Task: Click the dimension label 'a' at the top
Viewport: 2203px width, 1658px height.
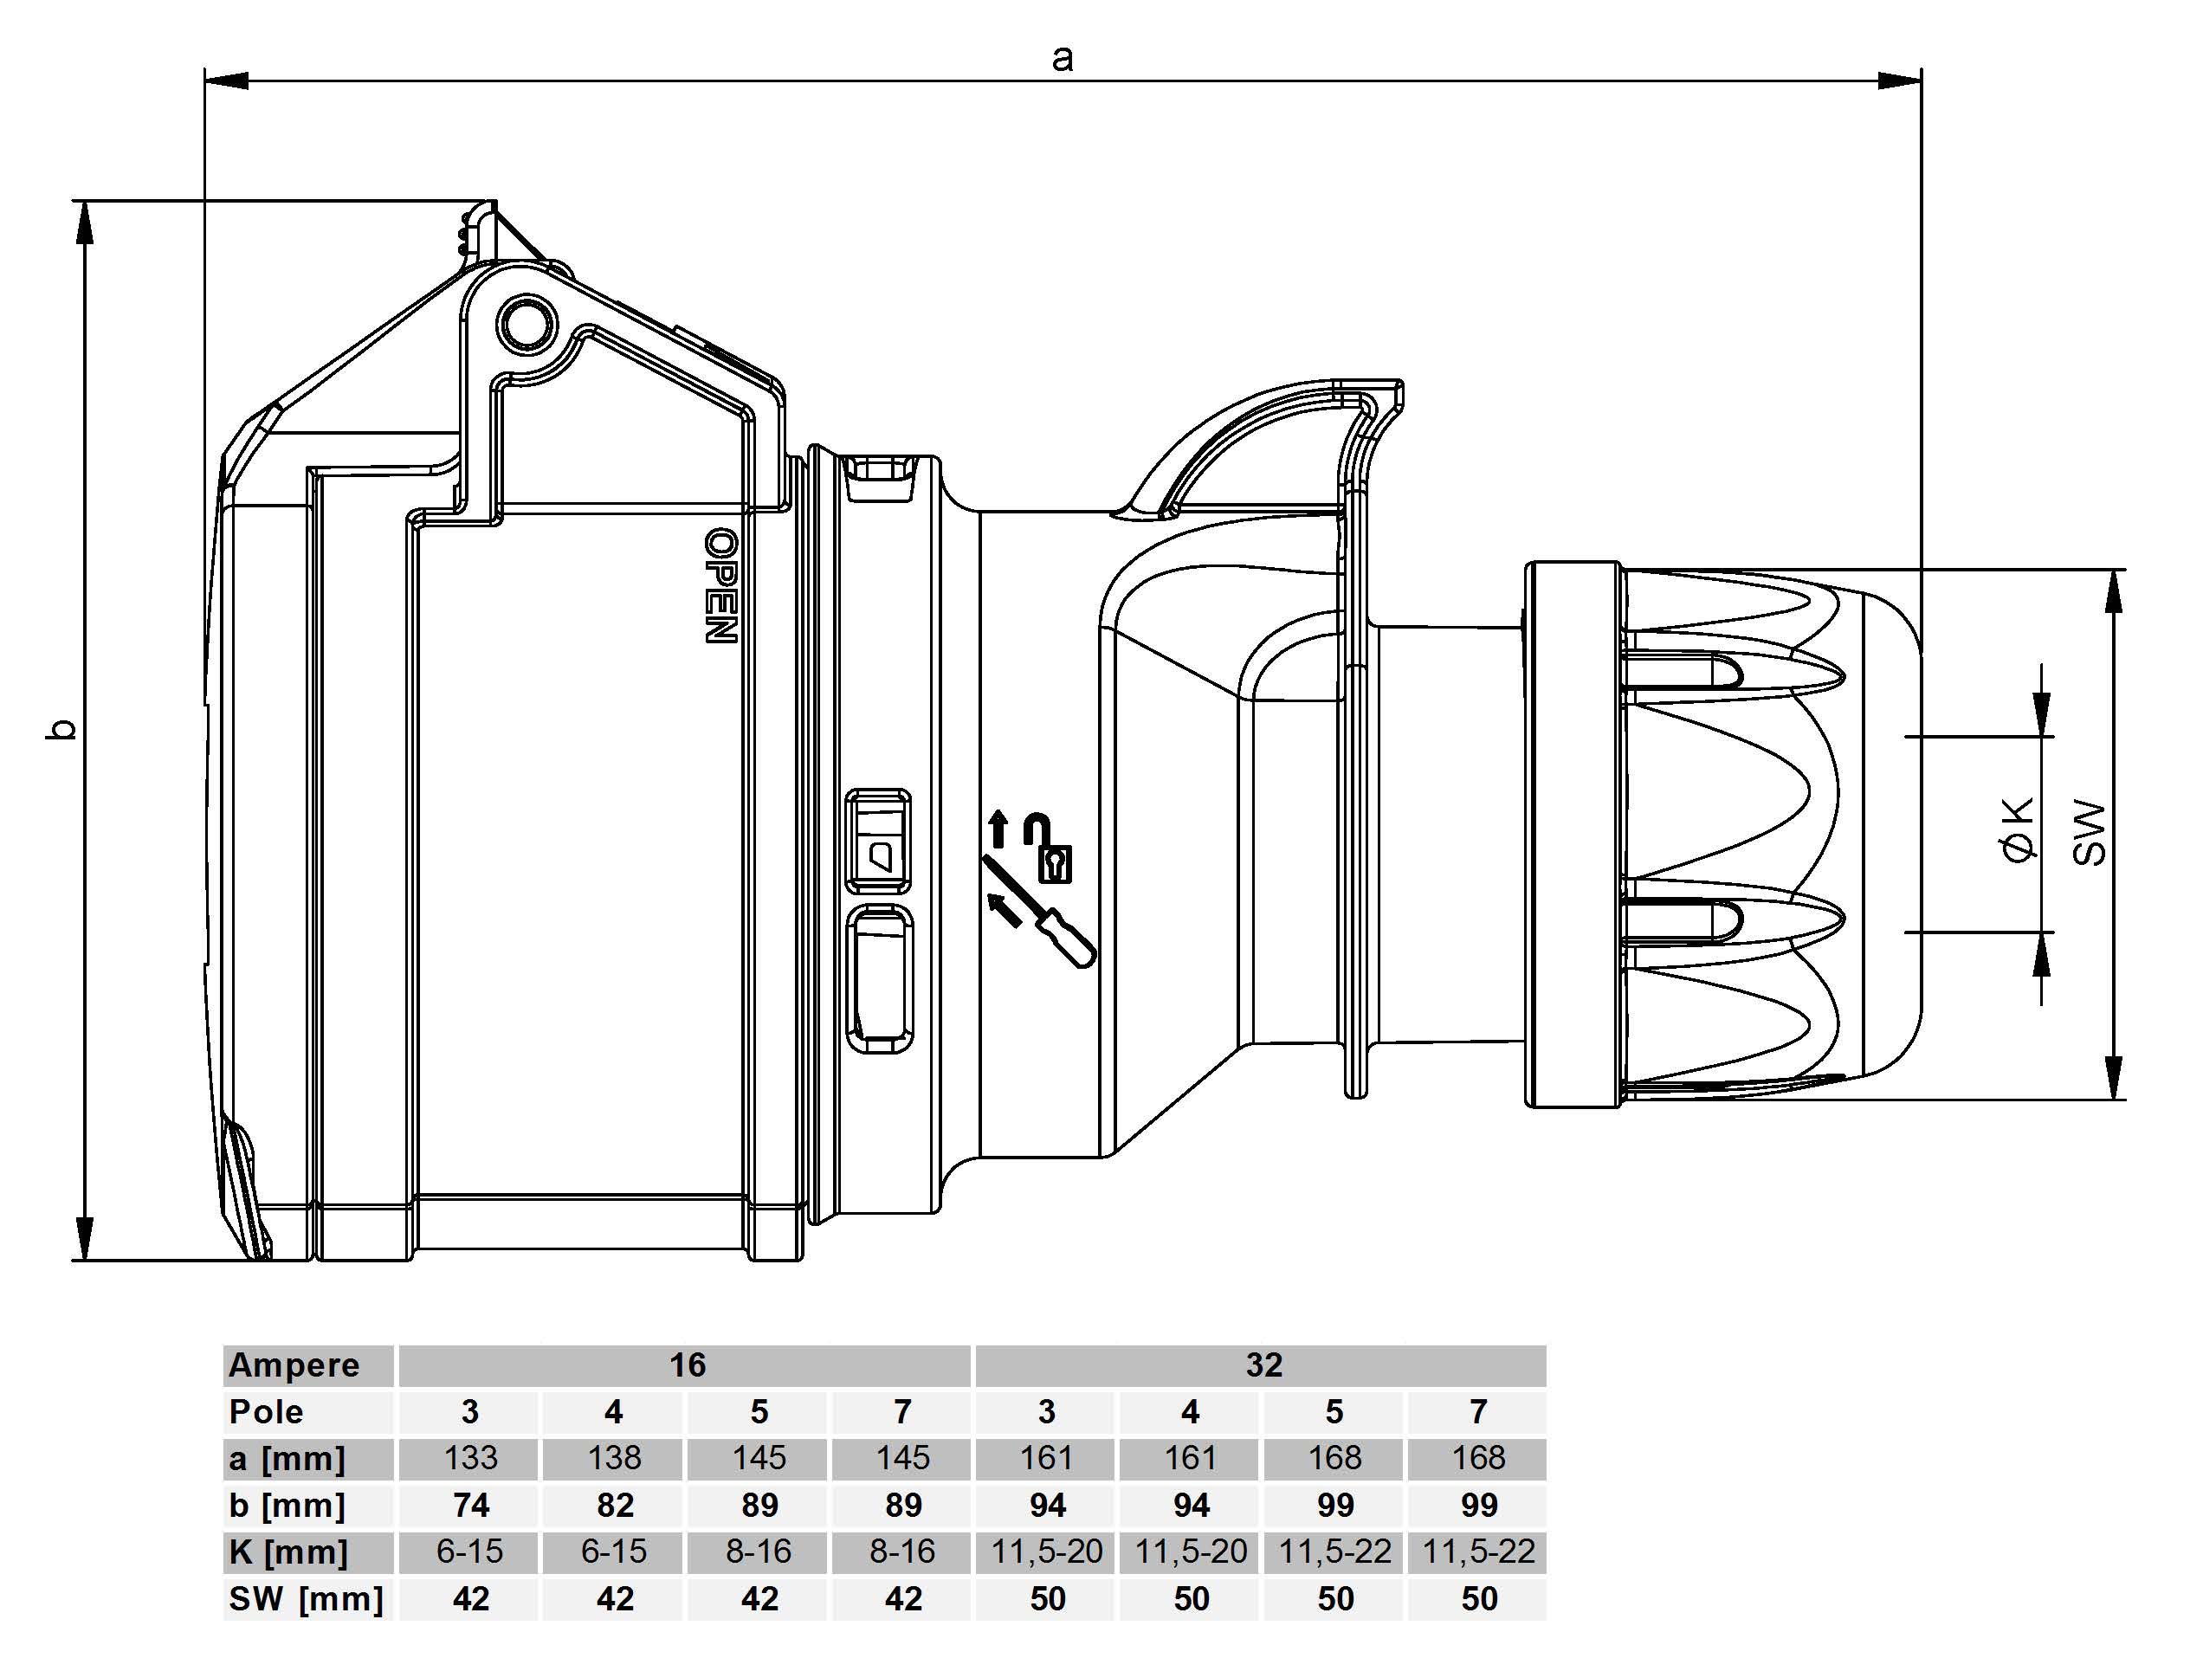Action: coord(1062,58)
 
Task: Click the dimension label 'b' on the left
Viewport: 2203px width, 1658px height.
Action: coord(61,729)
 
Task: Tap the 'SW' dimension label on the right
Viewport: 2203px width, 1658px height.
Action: coord(2090,833)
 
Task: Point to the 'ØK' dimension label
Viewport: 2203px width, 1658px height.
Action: coord(2018,829)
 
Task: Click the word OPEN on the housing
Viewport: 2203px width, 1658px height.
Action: coord(720,585)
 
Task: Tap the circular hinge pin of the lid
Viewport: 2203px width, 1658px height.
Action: coord(527,324)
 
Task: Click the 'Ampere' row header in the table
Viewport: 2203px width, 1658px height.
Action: coord(294,1365)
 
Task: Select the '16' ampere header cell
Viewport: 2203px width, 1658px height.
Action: coord(686,1365)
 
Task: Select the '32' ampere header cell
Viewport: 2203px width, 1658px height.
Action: coord(1263,1365)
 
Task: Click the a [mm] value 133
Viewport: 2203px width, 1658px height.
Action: coord(470,1458)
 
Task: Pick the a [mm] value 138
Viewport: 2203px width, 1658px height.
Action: coord(615,1458)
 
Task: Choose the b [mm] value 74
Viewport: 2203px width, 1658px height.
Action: coord(470,1505)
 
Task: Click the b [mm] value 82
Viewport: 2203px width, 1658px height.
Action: coord(615,1505)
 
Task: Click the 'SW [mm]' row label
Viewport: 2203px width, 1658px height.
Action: coord(305,1598)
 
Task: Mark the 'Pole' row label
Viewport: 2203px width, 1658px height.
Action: coord(266,1412)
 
